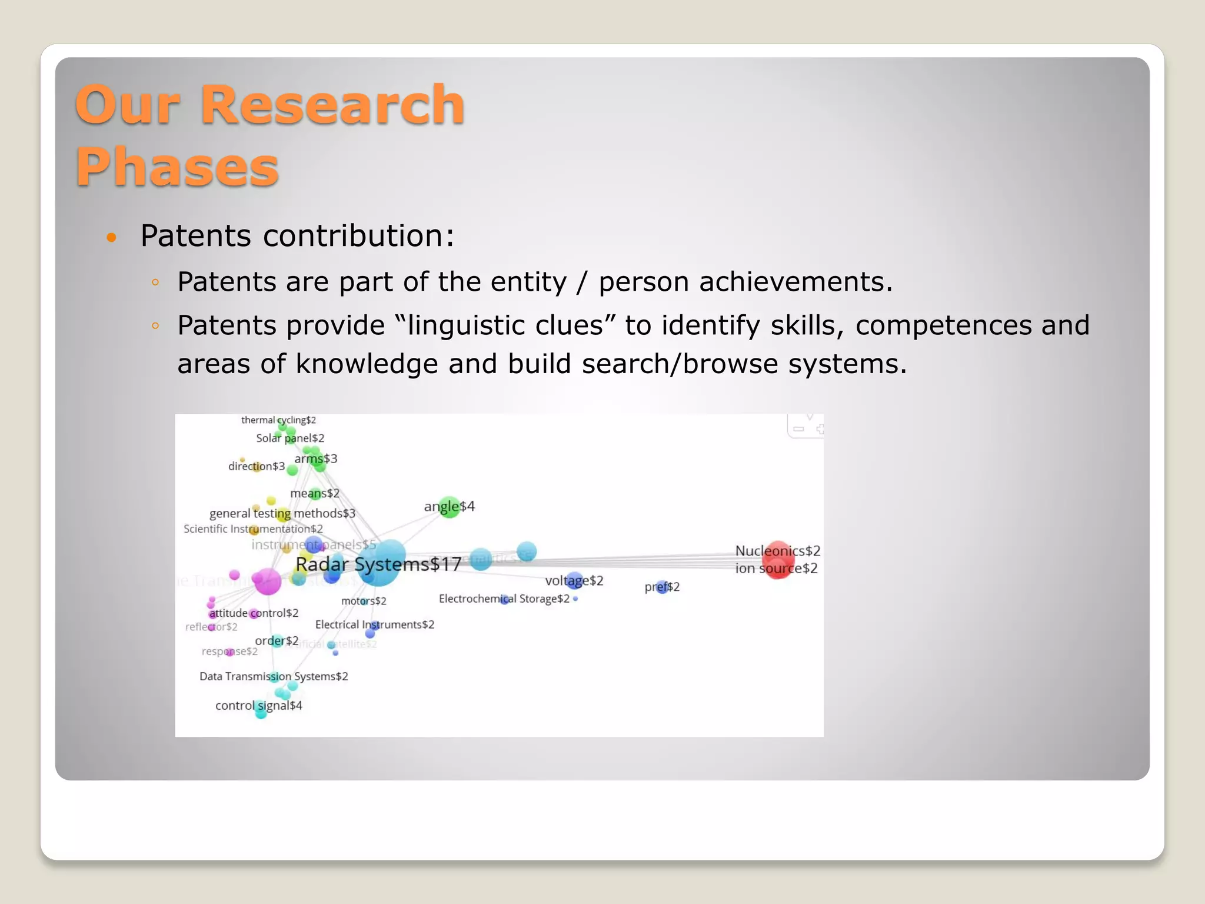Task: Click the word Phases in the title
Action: coord(177,168)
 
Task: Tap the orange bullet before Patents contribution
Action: coord(111,238)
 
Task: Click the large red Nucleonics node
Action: coord(778,560)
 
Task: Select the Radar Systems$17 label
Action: coord(378,564)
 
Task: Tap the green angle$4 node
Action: coord(450,507)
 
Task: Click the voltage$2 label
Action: coord(574,581)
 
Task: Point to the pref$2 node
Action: coord(662,587)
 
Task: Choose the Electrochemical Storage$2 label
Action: coord(504,599)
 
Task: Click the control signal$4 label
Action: coord(258,705)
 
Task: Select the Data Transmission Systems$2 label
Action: coord(274,676)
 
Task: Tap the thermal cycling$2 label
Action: coord(278,420)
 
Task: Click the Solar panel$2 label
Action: coord(290,438)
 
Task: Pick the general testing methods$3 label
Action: coord(282,513)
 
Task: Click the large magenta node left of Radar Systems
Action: coord(268,581)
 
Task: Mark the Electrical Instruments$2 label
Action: coord(374,624)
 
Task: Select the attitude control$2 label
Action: coord(254,613)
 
